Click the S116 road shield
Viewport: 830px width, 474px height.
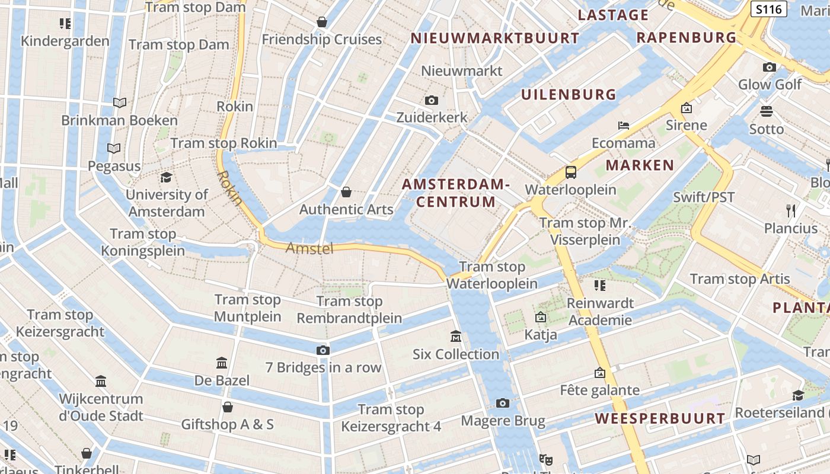pos(768,9)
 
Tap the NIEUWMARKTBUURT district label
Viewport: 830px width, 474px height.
pos(495,39)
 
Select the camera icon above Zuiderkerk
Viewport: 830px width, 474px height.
pos(432,100)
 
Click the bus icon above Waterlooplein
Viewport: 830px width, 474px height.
pos(570,172)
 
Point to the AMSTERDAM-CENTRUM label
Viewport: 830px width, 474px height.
pos(456,193)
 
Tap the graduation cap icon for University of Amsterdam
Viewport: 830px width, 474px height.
pos(166,178)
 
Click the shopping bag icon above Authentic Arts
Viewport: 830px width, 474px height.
pos(346,192)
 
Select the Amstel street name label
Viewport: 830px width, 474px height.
pos(309,248)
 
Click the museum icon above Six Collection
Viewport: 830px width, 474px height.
pos(456,337)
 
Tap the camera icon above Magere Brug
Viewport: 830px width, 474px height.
pos(503,403)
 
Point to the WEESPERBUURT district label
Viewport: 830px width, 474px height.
pos(660,419)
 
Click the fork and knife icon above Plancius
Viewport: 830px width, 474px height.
pos(790,211)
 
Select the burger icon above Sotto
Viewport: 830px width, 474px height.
pos(767,111)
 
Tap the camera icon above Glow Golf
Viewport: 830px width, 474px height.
pos(770,67)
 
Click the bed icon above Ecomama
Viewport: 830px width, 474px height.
pos(624,126)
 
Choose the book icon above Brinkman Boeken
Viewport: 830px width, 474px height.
pos(120,103)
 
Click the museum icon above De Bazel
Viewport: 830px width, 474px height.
pos(222,363)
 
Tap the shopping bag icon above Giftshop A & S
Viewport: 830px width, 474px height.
pos(227,407)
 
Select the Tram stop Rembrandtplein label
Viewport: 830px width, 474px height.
pos(349,310)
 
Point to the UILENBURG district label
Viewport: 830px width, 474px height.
pos(569,94)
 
